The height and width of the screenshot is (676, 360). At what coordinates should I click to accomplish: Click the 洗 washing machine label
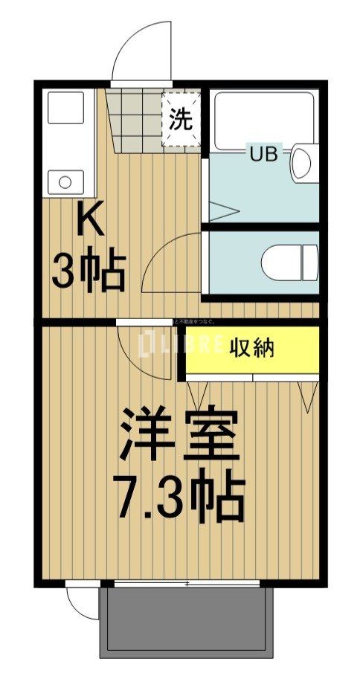point(181,119)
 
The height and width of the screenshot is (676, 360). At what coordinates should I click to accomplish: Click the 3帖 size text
point(88,273)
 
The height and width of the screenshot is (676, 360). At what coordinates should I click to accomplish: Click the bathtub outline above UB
point(264,119)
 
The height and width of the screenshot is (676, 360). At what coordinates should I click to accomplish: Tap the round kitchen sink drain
point(65,181)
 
